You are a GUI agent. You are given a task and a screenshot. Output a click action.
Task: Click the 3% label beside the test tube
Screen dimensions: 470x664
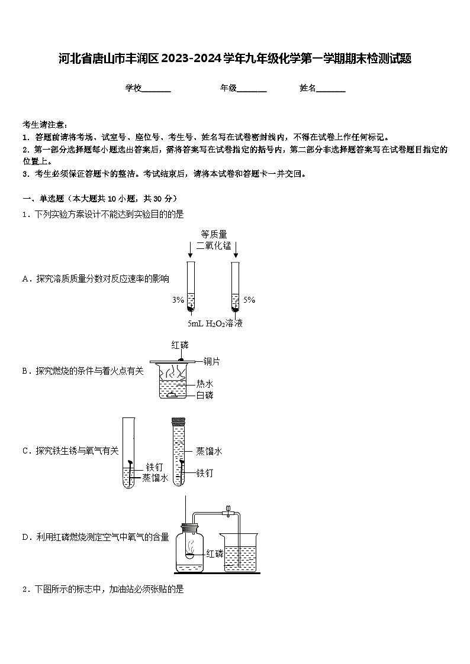point(178,300)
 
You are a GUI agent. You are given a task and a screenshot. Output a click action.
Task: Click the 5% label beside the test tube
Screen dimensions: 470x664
point(249,300)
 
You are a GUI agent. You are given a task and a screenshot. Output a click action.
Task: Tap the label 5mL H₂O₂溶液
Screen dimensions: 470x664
point(215,323)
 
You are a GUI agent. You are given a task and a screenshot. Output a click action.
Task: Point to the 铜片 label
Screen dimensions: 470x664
point(211,361)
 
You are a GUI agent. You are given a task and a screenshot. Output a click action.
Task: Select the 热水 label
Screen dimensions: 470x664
point(205,384)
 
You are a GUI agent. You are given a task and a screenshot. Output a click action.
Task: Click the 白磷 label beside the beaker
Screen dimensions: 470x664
point(205,395)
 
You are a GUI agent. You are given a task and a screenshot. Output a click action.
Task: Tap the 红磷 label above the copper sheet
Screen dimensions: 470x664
point(180,345)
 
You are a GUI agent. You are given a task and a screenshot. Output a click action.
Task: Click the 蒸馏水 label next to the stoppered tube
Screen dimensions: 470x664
point(209,451)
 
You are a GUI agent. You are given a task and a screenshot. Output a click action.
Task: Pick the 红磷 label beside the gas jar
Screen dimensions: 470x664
point(215,554)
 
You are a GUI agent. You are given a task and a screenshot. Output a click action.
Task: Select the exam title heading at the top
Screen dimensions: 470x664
point(235,59)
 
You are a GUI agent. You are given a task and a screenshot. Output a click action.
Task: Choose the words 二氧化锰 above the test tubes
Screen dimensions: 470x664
point(214,246)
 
